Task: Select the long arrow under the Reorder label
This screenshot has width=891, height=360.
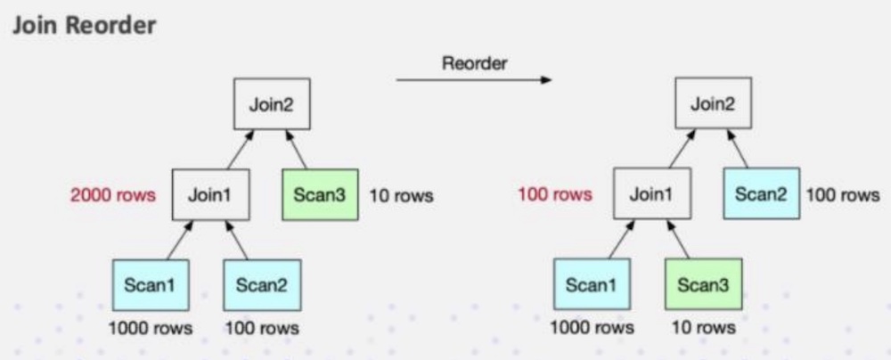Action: point(473,81)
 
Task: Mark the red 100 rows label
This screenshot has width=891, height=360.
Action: point(554,195)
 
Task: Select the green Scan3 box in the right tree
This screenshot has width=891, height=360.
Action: point(703,285)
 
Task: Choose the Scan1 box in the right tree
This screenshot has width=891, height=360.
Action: point(592,285)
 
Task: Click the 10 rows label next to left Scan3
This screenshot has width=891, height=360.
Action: point(401,196)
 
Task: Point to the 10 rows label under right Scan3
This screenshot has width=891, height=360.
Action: point(704,328)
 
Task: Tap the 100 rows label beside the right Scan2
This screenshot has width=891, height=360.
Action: point(843,196)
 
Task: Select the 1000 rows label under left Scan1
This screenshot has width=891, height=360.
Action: point(150,328)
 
